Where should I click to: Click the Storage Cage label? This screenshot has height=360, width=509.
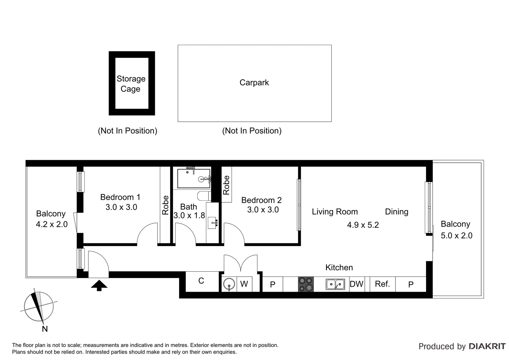pos(131,84)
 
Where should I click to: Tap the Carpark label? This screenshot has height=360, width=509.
pos(254,83)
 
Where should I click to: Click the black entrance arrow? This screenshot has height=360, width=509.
pos(99,285)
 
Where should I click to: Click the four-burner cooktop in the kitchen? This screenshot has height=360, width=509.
pos(306,284)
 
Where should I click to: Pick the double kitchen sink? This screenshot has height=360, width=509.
pos(335,284)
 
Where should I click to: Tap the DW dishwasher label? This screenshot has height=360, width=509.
pos(356,284)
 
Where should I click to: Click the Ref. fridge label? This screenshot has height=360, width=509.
pos(382,284)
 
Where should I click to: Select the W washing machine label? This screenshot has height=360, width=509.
pos(244,284)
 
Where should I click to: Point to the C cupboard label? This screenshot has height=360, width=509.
pos(201,281)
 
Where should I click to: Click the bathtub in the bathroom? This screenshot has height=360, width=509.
pos(194,179)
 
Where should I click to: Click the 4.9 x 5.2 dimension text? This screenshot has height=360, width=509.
pos(363,225)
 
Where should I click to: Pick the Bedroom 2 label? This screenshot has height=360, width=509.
pos(261,200)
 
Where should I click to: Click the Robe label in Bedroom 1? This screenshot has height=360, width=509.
pos(166,205)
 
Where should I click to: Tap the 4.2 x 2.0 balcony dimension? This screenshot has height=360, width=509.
pos(52,224)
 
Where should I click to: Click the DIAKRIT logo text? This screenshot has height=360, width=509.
pos(487,346)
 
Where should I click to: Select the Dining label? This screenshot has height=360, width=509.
pos(396,212)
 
